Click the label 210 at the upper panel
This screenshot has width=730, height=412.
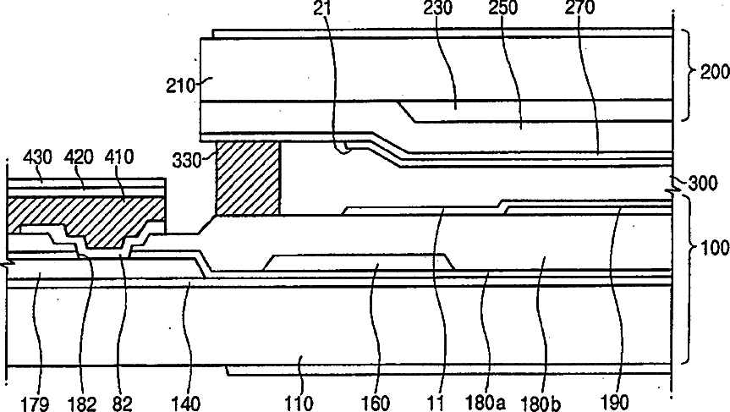(181, 85)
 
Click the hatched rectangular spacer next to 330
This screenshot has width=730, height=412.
(248, 178)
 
